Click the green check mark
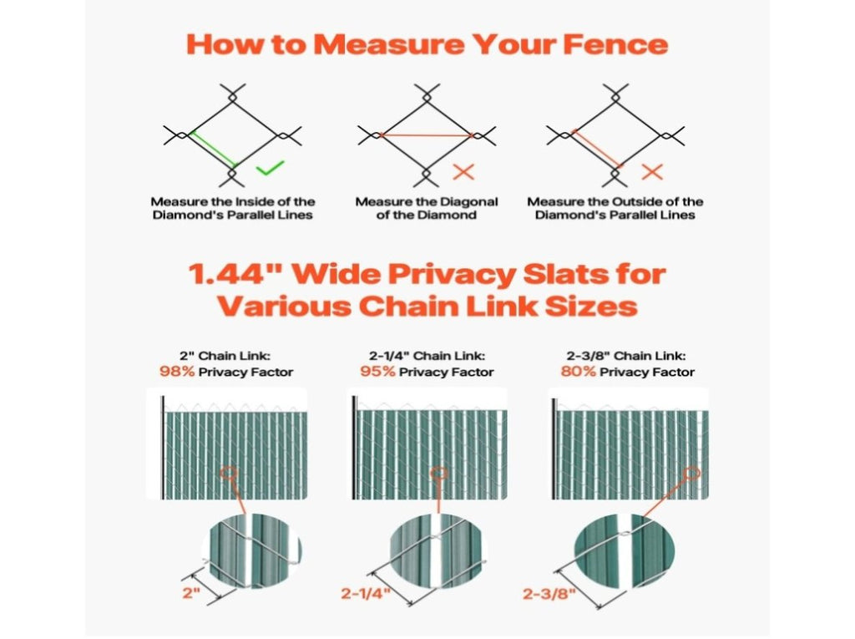pyautogui.click(x=270, y=168)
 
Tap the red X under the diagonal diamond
pyautogui.click(x=463, y=172)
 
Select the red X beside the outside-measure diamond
pyautogui.click(x=652, y=172)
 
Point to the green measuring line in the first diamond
pyautogui.click(x=213, y=149)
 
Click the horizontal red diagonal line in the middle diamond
pyautogui.click(x=426, y=134)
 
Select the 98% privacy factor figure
pyautogui.click(x=177, y=372)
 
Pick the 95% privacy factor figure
pyautogui.click(x=378, y=372)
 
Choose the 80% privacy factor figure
pyautogui.click(x=579, y=372)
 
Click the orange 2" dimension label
pyautogui.click(x=191, y=592)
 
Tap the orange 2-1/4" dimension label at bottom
pyautogui.click(x=366, y=593)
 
